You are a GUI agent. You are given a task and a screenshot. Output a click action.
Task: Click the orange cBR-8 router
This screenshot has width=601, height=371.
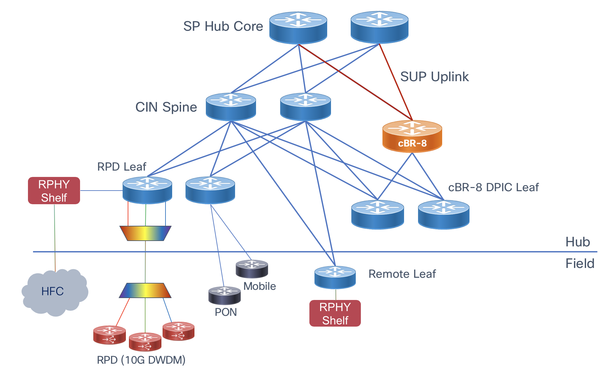(x=412, y=136)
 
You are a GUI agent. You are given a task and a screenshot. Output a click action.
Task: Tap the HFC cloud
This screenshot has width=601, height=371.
(x=54, y=292)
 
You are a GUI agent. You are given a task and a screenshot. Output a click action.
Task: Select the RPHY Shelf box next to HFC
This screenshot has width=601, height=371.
(x=54, y=191)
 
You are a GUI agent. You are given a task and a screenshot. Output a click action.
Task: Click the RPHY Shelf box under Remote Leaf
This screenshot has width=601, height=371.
(x=335, y=313)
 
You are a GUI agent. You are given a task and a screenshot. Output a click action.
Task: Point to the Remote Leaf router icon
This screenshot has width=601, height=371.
(x=335, y=277)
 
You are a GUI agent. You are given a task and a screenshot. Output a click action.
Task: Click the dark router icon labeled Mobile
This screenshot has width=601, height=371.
(x=252, y=269)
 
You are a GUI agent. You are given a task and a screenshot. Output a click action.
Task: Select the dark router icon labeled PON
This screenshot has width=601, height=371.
(x=224, y=295)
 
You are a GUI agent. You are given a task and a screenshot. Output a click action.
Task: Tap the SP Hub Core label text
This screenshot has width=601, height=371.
(x=223, y=26)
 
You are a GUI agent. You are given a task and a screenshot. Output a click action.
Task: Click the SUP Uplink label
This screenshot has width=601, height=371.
(x=434, y=77)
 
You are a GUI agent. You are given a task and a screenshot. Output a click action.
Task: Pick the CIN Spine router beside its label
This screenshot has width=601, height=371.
(x=231, y=107)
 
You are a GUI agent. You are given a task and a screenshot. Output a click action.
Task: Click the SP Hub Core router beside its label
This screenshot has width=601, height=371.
(x=298, y=28)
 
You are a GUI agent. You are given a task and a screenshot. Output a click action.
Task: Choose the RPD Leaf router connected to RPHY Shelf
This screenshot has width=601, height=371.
(x=147, y=190)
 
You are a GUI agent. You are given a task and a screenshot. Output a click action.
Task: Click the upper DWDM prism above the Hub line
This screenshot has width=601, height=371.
(x=145, y=233)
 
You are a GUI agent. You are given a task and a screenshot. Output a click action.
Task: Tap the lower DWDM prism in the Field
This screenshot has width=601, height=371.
(x=145, y=290)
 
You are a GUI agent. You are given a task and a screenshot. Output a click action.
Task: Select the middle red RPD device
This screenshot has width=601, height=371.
(x=145, y=342)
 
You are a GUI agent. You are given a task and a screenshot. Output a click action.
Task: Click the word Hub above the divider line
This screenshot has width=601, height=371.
(x=577, y=242)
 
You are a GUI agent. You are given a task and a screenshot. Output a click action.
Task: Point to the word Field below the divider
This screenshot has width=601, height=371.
(x=580, y=264)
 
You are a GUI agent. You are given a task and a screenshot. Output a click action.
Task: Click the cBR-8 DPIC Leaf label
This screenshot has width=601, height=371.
(x=493, y=187)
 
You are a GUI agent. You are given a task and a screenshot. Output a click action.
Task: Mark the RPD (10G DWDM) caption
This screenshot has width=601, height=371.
(x=141, y=360)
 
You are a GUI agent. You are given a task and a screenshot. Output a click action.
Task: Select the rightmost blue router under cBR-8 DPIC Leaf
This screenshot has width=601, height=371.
(x=443, y=214)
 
